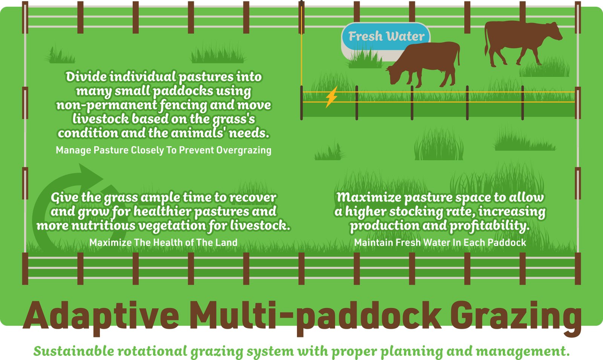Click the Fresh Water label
386,36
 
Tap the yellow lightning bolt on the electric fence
331,97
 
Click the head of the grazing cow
394,75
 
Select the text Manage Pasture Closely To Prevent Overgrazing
164,150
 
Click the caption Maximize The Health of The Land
164,242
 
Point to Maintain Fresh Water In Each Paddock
440,242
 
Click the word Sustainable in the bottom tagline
73,351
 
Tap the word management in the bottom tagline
522,351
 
